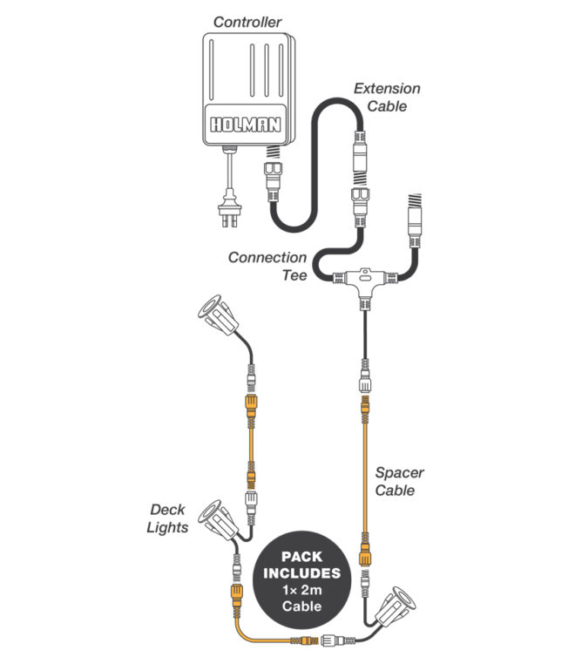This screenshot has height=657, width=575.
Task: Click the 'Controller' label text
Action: coord(248,22)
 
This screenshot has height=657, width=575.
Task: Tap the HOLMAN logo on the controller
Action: coord(246,124)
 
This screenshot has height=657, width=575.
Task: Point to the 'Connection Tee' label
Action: coord(267,267)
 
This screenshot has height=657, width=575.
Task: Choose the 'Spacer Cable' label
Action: coord(399,482)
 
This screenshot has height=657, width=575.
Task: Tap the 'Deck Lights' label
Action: coord(168,518)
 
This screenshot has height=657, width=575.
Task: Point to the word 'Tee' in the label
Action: coord(294,275)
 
